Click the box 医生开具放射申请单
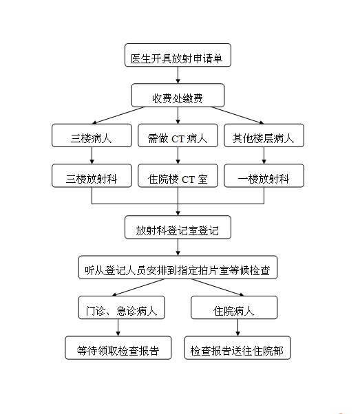coord(178,55)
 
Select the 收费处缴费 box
coord(178,96)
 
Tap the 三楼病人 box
coord(92,135)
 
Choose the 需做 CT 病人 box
coord(178,135)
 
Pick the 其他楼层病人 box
coord(264,135)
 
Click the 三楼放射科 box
coord(92,175)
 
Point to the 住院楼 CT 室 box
coord(178,175)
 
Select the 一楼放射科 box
coord(264,175)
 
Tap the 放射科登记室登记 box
coord(178,228)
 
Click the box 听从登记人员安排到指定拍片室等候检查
coord(178,268)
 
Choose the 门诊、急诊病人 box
coord(122,307)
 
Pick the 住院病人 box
coord(234,307)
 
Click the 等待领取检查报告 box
coord(118,348)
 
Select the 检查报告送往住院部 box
coord(237,348)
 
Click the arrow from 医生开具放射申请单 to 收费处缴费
coord(178,75)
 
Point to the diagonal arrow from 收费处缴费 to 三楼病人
coord(118,116)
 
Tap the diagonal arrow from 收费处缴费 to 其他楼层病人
coord(237,116)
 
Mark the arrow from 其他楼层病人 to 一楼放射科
coord(264,155)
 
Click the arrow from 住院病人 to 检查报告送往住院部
coord(237,327)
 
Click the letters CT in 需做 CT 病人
coord(178,139)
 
